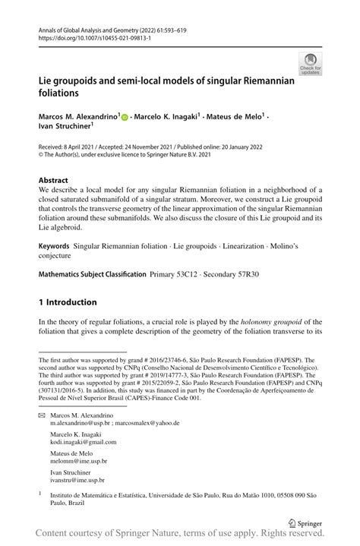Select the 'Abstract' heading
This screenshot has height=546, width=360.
54,180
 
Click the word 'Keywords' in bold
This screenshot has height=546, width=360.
54,247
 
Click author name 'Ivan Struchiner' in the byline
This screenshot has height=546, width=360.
65,128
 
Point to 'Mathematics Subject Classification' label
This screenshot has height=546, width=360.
92,273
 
